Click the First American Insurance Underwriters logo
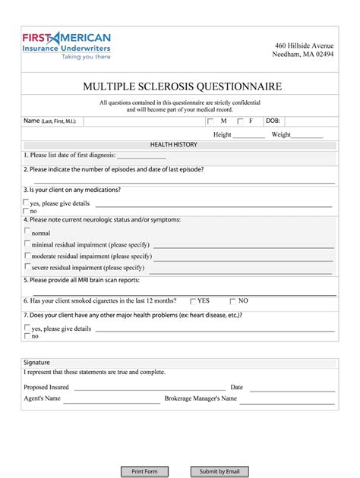click(67, 46)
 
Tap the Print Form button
click(144, 471)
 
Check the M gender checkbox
click(210, 121)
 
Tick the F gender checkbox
click(240, 121)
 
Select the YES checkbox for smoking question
click(193, 300)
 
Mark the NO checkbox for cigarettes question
click(232, 300)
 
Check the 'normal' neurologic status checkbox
click(28, 231)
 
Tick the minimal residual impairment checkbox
click(28, 244)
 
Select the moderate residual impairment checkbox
click(28, 255)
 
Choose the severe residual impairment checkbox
click(28, 266)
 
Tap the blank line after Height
click(250, 135)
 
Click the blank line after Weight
click(308, 135)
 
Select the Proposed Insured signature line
click(147, 388)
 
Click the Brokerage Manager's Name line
click(291, 398)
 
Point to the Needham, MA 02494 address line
click(305, 55)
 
